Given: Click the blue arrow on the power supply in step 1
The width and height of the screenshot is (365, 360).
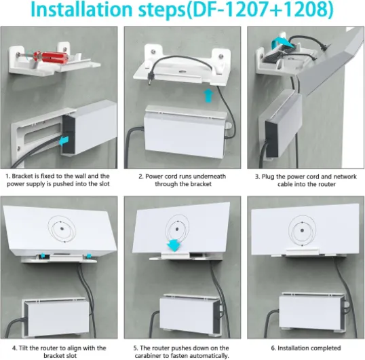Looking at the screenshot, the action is click(64, 141).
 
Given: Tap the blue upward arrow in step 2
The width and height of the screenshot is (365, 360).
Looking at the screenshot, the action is click(208, 96).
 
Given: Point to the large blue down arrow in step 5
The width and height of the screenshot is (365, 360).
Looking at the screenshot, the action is click(174, 245).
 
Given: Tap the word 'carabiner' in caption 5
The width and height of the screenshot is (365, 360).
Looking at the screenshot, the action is click(149, 356).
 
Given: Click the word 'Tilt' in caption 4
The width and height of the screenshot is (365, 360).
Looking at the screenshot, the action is click(24, 348).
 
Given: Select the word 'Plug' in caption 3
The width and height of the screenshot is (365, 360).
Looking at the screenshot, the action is click(268, 177).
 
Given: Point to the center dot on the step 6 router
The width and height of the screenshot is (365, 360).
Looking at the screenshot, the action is click(302, 230).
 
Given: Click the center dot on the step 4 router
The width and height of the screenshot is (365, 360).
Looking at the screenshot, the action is click(62, 229).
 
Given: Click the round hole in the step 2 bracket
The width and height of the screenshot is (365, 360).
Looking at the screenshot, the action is click(182, 71).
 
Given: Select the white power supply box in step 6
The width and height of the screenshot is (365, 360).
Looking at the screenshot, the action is click(312, 312).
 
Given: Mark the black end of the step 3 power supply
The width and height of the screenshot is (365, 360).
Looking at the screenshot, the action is click(272, 139).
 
